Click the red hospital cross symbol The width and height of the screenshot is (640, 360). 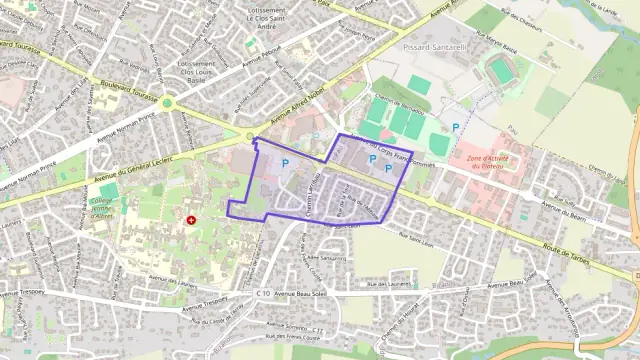pos(191,219)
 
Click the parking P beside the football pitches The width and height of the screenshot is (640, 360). pos(456,127)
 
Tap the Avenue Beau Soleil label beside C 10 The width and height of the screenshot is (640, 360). pos(300,292)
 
